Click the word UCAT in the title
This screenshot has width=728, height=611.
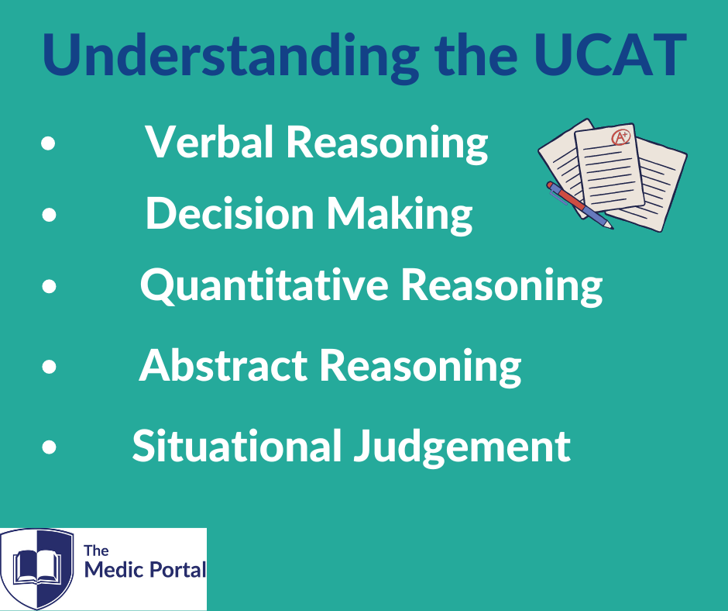coord(610,55)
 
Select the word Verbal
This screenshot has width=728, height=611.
coord(209,141)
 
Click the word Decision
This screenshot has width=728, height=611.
coord(230,212)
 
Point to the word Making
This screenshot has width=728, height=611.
coord(400,214)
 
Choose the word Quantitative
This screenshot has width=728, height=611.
coord(264,285)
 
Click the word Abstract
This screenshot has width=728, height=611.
coord(223,365)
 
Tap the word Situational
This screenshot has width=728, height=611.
coord(237,445)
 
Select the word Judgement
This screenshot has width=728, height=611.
coord(462,447)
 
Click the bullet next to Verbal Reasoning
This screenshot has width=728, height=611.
coord(48,143)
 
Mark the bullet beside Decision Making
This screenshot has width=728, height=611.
coord(49,214)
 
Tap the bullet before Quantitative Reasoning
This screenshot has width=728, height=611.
coord(49,285)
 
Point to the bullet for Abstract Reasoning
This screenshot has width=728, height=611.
coord(49,367)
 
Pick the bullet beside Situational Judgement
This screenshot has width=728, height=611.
coord(49,447)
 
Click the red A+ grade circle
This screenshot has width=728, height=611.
coord(620,137)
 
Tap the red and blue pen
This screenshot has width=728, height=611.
coord(580,205)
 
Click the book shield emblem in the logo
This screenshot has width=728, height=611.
coord(37,568)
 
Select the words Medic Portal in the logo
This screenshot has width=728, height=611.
coord(146,570)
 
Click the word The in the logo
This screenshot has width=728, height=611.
coord(96,551)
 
